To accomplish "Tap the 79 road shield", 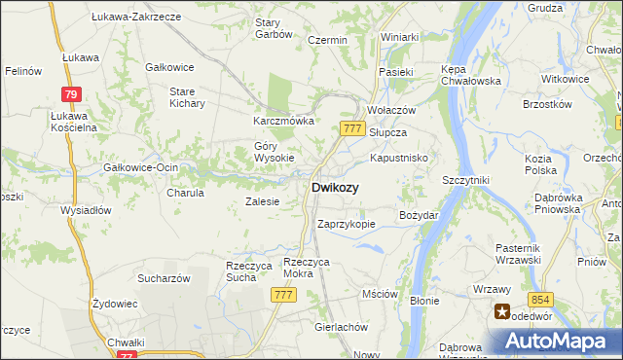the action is [x=69, y=94].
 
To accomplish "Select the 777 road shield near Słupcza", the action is [x=352, y=127].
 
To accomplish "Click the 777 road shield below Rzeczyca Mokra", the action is [x=283, y=295].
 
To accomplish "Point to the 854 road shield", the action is [x=542, y=303].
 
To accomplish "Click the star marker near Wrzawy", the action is [x=502, y=312].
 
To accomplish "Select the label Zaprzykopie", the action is [x=347, y=224].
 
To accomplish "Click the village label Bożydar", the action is [x=420, y=214].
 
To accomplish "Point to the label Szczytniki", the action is [x=464, y=180].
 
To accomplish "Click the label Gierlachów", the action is [x=340, y=327].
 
